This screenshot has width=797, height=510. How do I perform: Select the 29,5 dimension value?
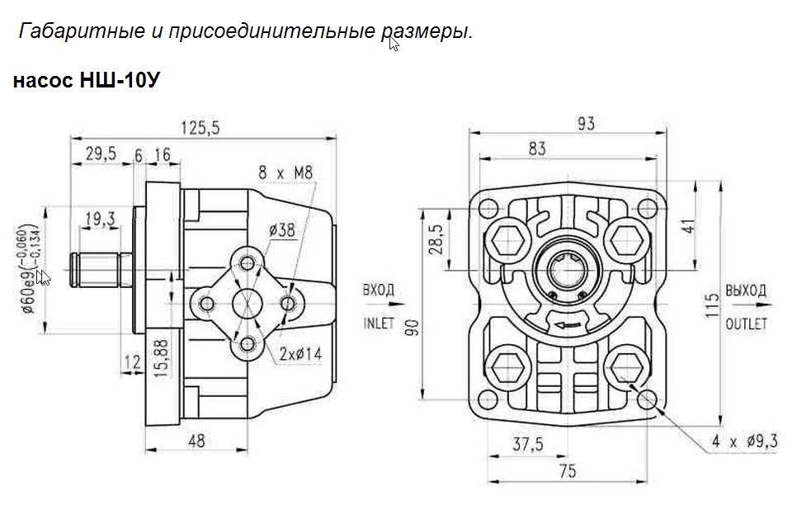coord(100,154)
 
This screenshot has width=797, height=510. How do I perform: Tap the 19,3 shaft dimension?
coord(99,219)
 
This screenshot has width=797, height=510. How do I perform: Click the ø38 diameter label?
coord(281,231)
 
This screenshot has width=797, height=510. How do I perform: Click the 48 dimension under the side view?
coord(196,442)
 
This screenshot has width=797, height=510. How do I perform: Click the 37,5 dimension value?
coord(527,445)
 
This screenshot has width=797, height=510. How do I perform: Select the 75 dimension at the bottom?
coord(566,471)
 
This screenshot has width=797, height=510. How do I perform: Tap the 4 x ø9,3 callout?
coord(745,442)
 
